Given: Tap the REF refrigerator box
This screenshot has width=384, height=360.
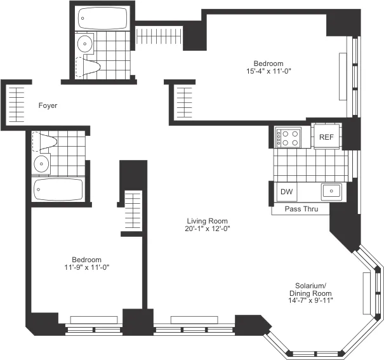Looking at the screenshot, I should coord(326,137).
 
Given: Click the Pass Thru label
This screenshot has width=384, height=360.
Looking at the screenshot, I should coord(301,209).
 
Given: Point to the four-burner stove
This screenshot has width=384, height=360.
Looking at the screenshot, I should coord(289,138).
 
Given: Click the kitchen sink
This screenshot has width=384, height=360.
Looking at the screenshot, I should coord(331,190).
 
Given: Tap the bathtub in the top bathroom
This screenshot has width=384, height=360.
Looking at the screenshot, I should coord(102,19).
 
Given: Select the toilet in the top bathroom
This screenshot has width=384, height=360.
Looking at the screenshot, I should coord(88,66).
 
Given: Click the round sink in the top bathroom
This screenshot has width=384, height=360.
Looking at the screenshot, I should coord(84,44).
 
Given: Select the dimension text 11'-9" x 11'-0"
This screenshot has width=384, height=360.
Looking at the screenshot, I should coord(86,269).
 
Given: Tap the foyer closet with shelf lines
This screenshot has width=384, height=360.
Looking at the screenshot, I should coord(18,104).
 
